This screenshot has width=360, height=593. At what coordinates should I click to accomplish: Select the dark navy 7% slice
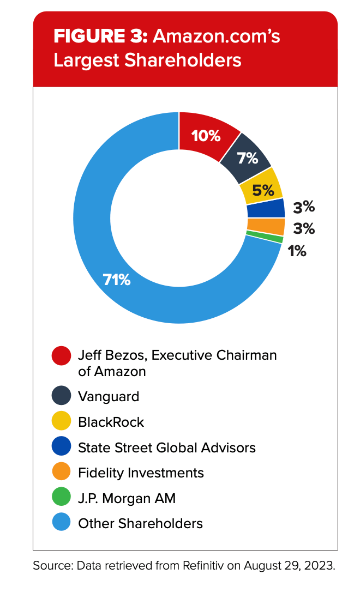point(248,158)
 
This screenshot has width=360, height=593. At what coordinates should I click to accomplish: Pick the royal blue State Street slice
point(266,208)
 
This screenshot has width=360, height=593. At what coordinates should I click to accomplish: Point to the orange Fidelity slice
point(266,226)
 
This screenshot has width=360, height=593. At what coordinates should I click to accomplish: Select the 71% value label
point(117,280)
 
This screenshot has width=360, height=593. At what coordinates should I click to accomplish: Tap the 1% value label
point(297,251)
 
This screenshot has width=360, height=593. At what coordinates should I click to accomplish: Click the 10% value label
point(206,135)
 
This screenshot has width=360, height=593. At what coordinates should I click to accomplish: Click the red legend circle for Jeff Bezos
point(62,356)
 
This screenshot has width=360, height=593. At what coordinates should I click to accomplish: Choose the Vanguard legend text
point(109,396)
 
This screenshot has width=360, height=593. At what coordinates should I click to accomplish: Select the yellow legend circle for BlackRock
point(62,422)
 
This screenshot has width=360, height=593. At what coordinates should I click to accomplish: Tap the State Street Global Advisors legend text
point(167,447)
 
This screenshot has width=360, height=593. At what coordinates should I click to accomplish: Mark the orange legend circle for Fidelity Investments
point(62,473)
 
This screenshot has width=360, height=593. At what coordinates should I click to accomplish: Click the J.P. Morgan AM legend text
point(127,498)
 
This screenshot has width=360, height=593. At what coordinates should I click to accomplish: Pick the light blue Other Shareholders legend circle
point(62,523)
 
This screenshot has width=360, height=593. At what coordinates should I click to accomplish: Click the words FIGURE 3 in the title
point(100,37)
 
